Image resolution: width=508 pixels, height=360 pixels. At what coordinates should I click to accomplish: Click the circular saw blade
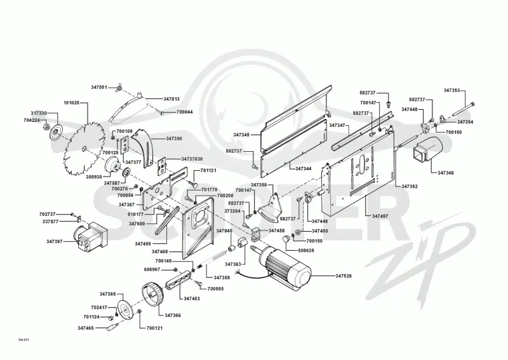click(x=84, y=149)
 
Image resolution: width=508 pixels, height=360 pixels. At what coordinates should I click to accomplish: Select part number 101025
click(x=72, y=103)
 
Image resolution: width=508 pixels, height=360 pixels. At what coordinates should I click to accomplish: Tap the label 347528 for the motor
click(x=344, y=276)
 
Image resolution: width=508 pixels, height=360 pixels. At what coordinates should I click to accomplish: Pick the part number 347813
click(x=171, y=99)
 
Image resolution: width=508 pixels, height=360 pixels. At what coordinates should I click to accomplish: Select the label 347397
click(x=55, y=241)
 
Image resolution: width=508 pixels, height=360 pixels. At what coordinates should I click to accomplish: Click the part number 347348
click(x=446, y=173)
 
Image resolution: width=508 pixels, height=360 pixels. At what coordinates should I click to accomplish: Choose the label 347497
click(x=380, y=216)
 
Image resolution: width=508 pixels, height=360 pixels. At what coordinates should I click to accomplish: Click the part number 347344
click(x=304, y=169)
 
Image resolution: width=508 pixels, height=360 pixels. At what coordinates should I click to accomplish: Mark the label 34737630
click(x=192, y=159)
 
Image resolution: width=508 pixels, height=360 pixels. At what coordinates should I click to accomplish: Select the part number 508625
click(x=306, y=251)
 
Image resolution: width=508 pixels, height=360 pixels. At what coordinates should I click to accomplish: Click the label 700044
click(x=184, y=112)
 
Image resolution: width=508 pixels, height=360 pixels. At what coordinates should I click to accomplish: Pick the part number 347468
click(x=160, y=251)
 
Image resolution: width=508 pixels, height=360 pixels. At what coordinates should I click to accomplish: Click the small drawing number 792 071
click(x=22, y=340)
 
